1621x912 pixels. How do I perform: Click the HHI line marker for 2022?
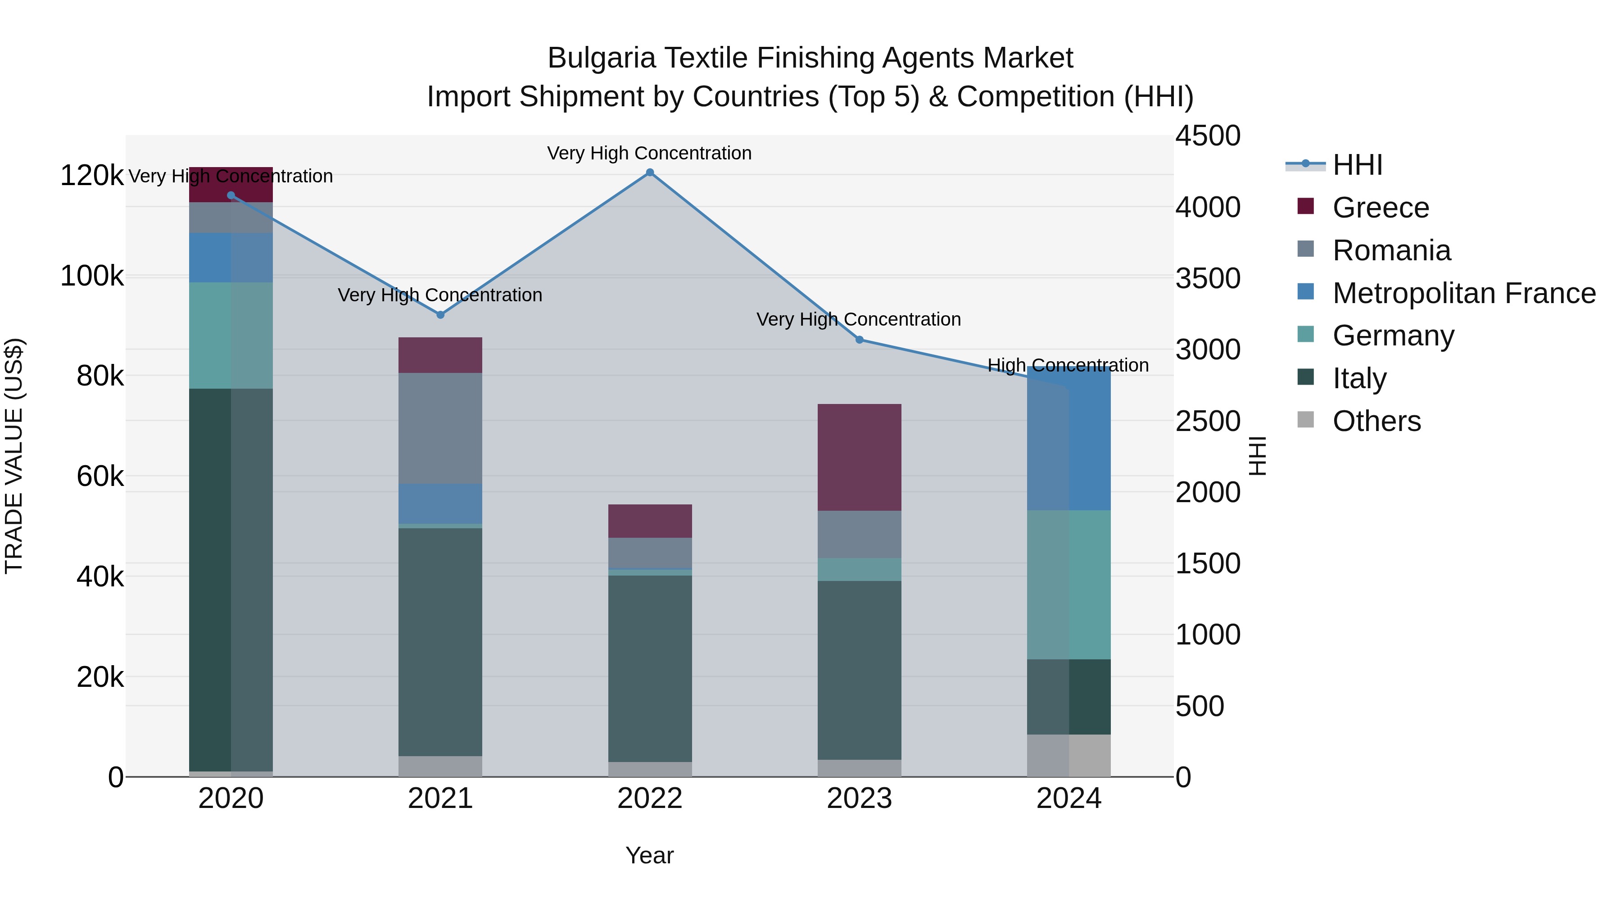click(x=650, y=172)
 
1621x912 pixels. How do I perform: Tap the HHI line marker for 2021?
click(x=440, y=315)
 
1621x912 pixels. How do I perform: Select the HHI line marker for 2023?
click(x=860, y=340)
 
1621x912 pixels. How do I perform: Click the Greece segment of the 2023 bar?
click(x=860, y=458)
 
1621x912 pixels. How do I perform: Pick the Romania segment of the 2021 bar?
click(x=440, y=428)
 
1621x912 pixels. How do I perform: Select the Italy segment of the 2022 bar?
click(x=650, y=668)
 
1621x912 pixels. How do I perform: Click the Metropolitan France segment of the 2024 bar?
click(x=1069, y=440)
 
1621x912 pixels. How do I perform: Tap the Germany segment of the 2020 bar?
click(x=231, y=336)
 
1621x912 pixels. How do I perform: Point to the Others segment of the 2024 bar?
click(x=1069, y=755)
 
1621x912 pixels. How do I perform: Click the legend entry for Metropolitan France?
click(x=1464, y=293)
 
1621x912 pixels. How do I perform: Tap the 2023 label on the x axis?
click(x=860, y=799)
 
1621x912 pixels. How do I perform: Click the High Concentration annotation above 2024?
click(x=1068, y=365)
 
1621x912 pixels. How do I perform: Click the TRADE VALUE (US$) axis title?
click(x=14, y=456)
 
